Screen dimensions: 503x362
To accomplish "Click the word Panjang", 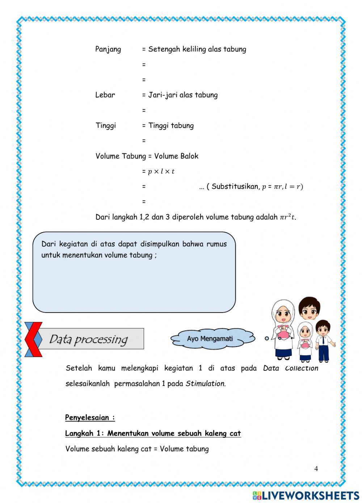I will (108, 49).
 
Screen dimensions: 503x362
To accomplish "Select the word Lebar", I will (105, 95).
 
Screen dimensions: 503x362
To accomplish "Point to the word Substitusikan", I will (235, 187).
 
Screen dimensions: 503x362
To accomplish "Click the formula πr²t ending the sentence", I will (287, 217).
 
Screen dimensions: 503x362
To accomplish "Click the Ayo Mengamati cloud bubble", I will (210, 339).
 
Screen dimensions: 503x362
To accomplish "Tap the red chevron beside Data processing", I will (33, 339).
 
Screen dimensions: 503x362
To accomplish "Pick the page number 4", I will (316, 469).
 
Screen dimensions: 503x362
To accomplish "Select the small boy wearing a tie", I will (323, 340).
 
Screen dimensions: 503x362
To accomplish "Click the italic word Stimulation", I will (205, 384).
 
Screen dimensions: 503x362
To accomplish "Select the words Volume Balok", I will (176, 156).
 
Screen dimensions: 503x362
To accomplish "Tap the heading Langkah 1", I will (84, 433).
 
